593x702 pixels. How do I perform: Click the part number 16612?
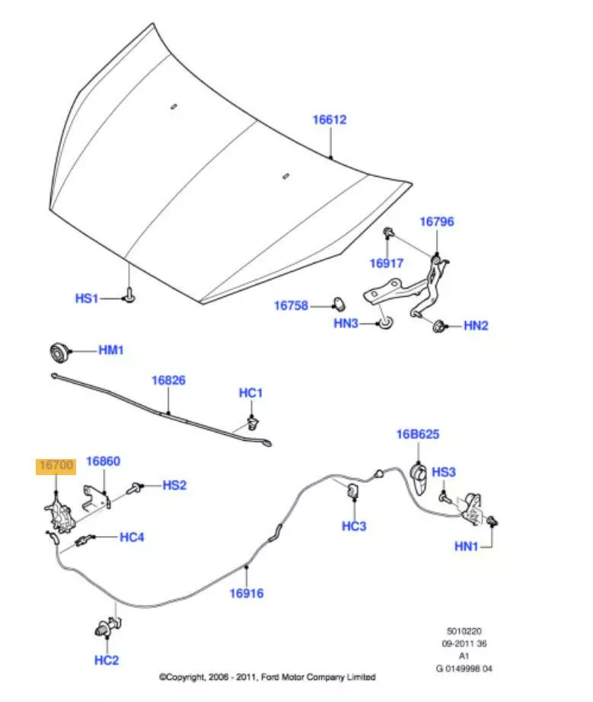[x=330, y=120]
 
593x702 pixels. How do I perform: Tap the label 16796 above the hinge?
[x=437, y=222]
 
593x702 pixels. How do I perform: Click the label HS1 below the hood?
[x=87, y=298]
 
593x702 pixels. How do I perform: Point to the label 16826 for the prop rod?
[x=168, y=380]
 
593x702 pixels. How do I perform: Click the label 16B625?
[x=417, y=435]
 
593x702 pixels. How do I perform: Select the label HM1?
[x=111, y=350]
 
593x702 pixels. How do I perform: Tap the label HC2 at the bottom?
[x=106, y=660]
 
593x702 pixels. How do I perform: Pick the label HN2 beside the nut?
[x=476, y=326]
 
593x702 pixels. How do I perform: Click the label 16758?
[x=292, y=305]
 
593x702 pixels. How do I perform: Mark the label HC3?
[x=354, y=525]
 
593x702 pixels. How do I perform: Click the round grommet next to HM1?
[x=58, y=353]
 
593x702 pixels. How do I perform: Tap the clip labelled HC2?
[x=102, y=630]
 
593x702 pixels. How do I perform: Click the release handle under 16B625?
[x=418, y=474]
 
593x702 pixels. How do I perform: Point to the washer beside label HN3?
[x=387, y=325]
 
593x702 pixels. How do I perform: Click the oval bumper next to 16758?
[x=336, y=305]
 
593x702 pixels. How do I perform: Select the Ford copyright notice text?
[x=266, y=677]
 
